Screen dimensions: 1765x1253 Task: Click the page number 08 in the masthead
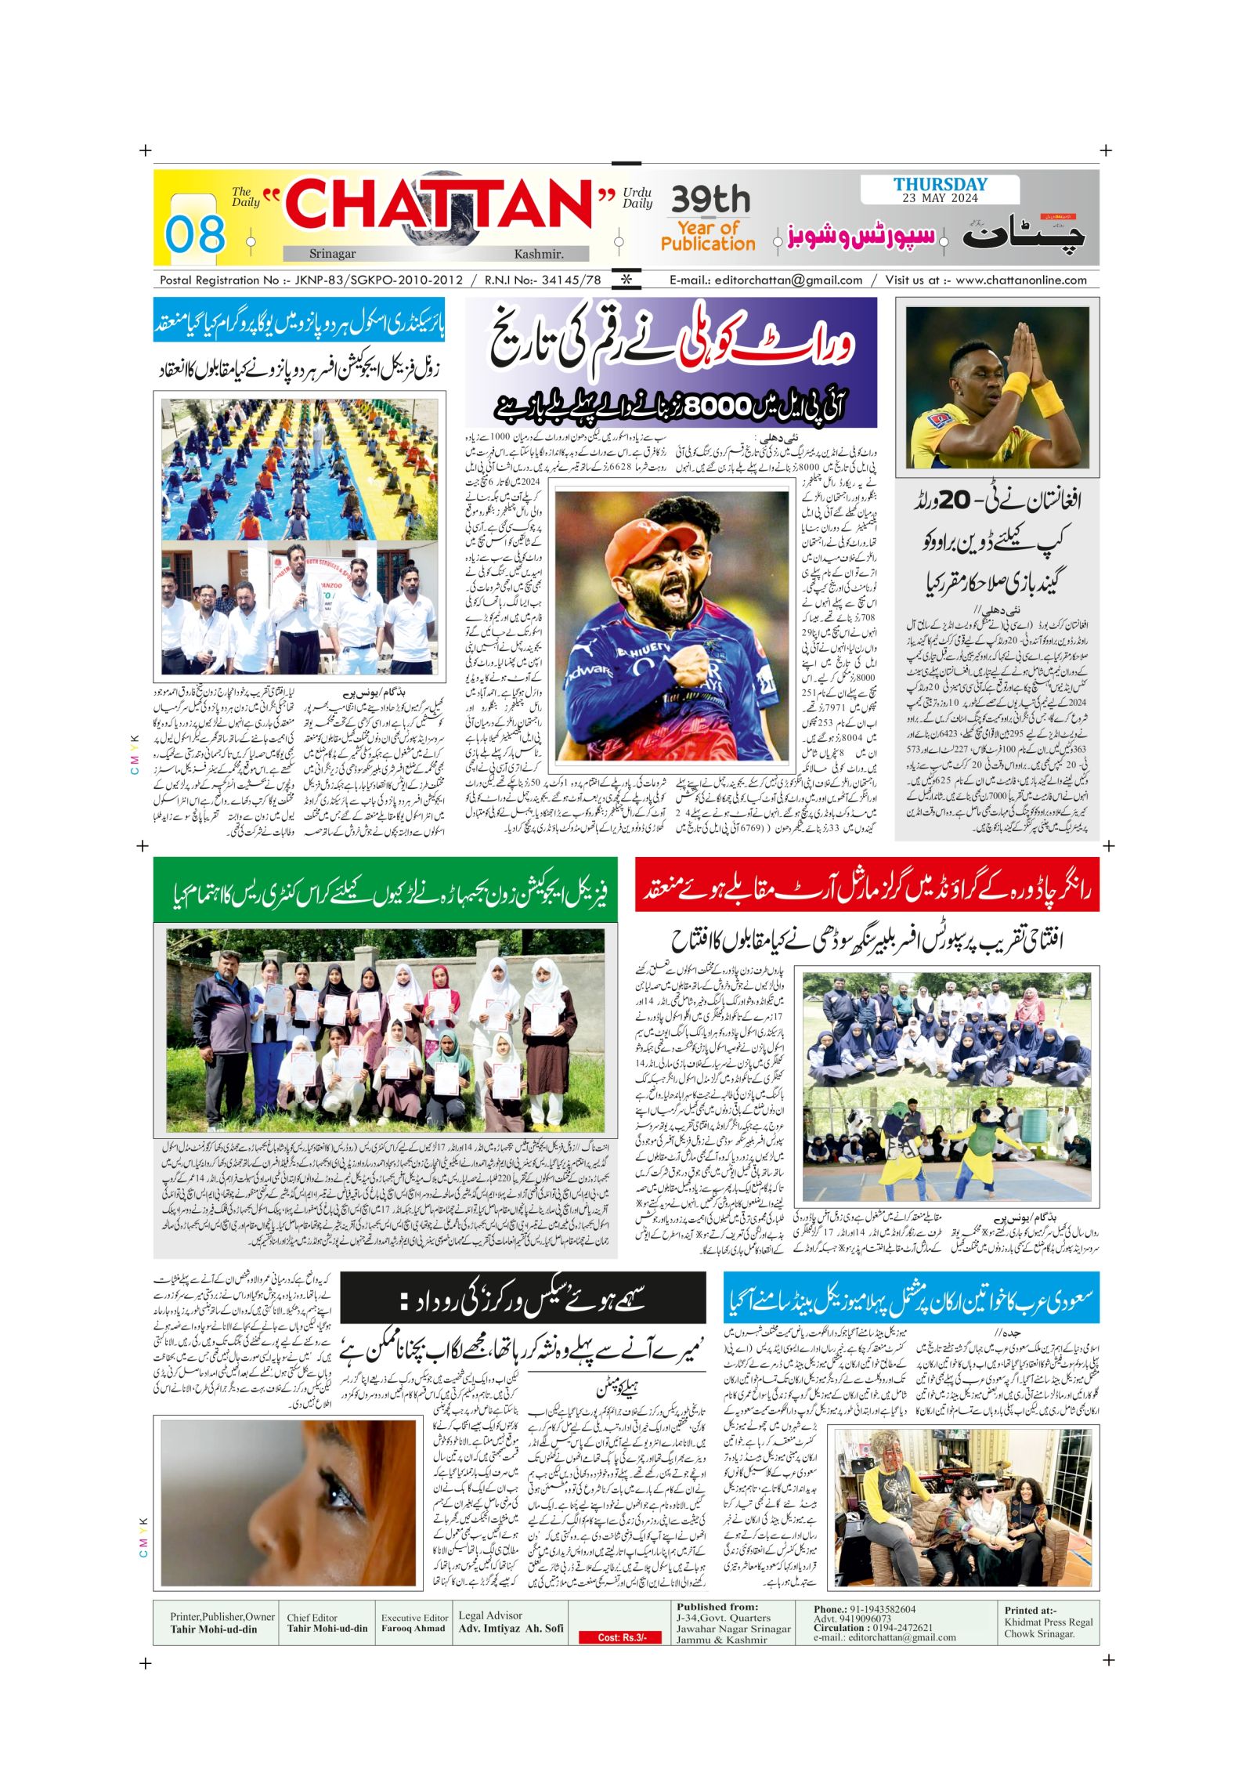tap(195, 234)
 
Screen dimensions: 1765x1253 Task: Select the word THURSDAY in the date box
tap(941, 185)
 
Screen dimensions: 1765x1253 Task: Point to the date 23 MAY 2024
tap(940, 198)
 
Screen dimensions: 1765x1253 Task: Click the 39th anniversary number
tap(710, 201)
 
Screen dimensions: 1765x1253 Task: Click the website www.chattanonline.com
tap(1021, 280)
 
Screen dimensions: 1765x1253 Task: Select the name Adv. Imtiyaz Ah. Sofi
tap(511, 1628)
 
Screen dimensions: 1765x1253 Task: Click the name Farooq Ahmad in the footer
tap(413, 1628)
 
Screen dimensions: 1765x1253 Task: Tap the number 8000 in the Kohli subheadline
tap(717, 407)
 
